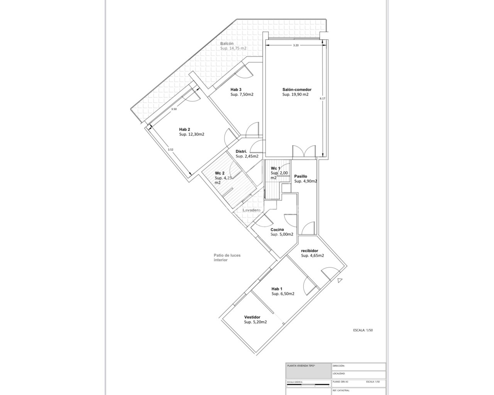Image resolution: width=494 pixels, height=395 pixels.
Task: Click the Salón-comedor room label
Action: (296, 89)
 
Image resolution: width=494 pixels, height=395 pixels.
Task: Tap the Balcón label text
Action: (227, 44)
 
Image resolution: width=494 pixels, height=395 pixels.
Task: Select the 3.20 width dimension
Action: (296, 46)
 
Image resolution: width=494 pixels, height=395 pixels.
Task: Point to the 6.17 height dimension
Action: (323, 98)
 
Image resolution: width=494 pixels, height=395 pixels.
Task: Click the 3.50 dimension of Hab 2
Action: (174, 109)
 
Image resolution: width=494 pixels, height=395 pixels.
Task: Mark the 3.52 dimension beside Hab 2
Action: (171, 150)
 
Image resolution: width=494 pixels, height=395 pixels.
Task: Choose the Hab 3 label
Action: (236, 89)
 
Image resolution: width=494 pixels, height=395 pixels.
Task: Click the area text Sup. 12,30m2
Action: (191, 135)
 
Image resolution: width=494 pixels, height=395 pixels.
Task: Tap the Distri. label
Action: (241, 151)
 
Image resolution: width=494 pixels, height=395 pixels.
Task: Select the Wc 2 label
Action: (220, 173)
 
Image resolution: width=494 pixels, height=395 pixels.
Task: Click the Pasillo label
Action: (300, 176)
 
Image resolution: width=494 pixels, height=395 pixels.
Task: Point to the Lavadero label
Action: (251, 210)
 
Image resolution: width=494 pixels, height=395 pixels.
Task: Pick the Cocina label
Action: (277, 230)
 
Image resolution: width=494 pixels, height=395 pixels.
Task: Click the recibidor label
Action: (310, 250)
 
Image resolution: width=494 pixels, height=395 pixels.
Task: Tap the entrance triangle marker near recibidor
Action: (339, 280)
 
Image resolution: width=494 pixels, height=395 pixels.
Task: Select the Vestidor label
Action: (252, 317)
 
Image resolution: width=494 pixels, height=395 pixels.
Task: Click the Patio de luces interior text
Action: (227, 257)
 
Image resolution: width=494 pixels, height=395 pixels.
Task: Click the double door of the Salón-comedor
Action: (303, 151)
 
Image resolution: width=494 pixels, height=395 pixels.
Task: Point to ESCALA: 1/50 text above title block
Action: (363, 330)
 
